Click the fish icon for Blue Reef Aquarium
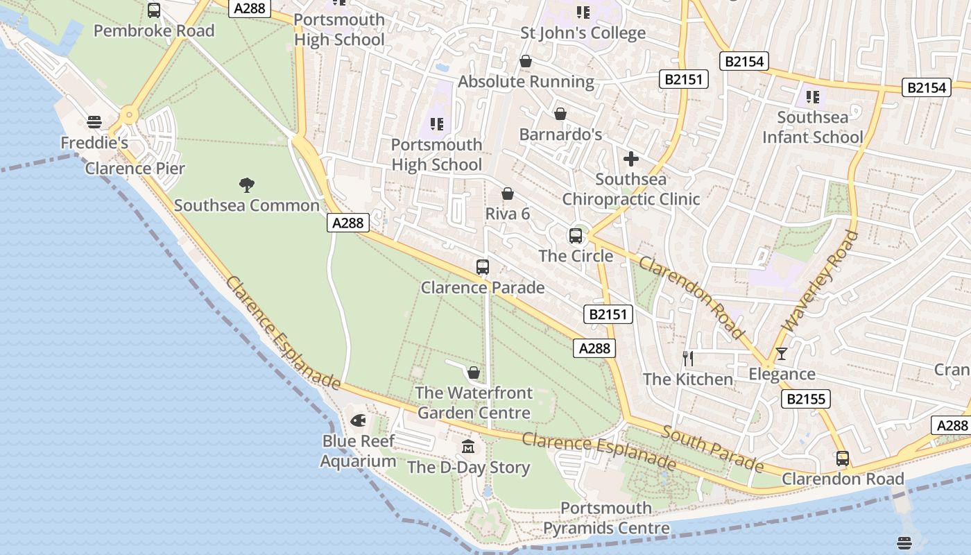(358, 420)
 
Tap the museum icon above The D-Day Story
(469, 447)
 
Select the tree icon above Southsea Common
(246, 185)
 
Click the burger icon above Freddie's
(94, 122)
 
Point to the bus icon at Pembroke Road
(154, 10)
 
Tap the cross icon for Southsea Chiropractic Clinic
(630, 159)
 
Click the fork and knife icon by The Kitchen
(687, 359)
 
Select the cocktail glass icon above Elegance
(782, 354)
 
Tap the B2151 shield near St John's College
(684, 79)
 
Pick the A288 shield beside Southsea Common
(347, 223)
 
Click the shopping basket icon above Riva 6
(508, 194)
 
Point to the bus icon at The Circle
(576, 236)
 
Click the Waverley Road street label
(820, 282)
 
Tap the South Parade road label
(712, 450)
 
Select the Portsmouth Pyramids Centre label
(606, 518)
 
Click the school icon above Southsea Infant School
(813, 96)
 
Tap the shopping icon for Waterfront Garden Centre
(474, 373)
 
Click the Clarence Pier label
(135, 169)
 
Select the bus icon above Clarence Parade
(483, 267)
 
